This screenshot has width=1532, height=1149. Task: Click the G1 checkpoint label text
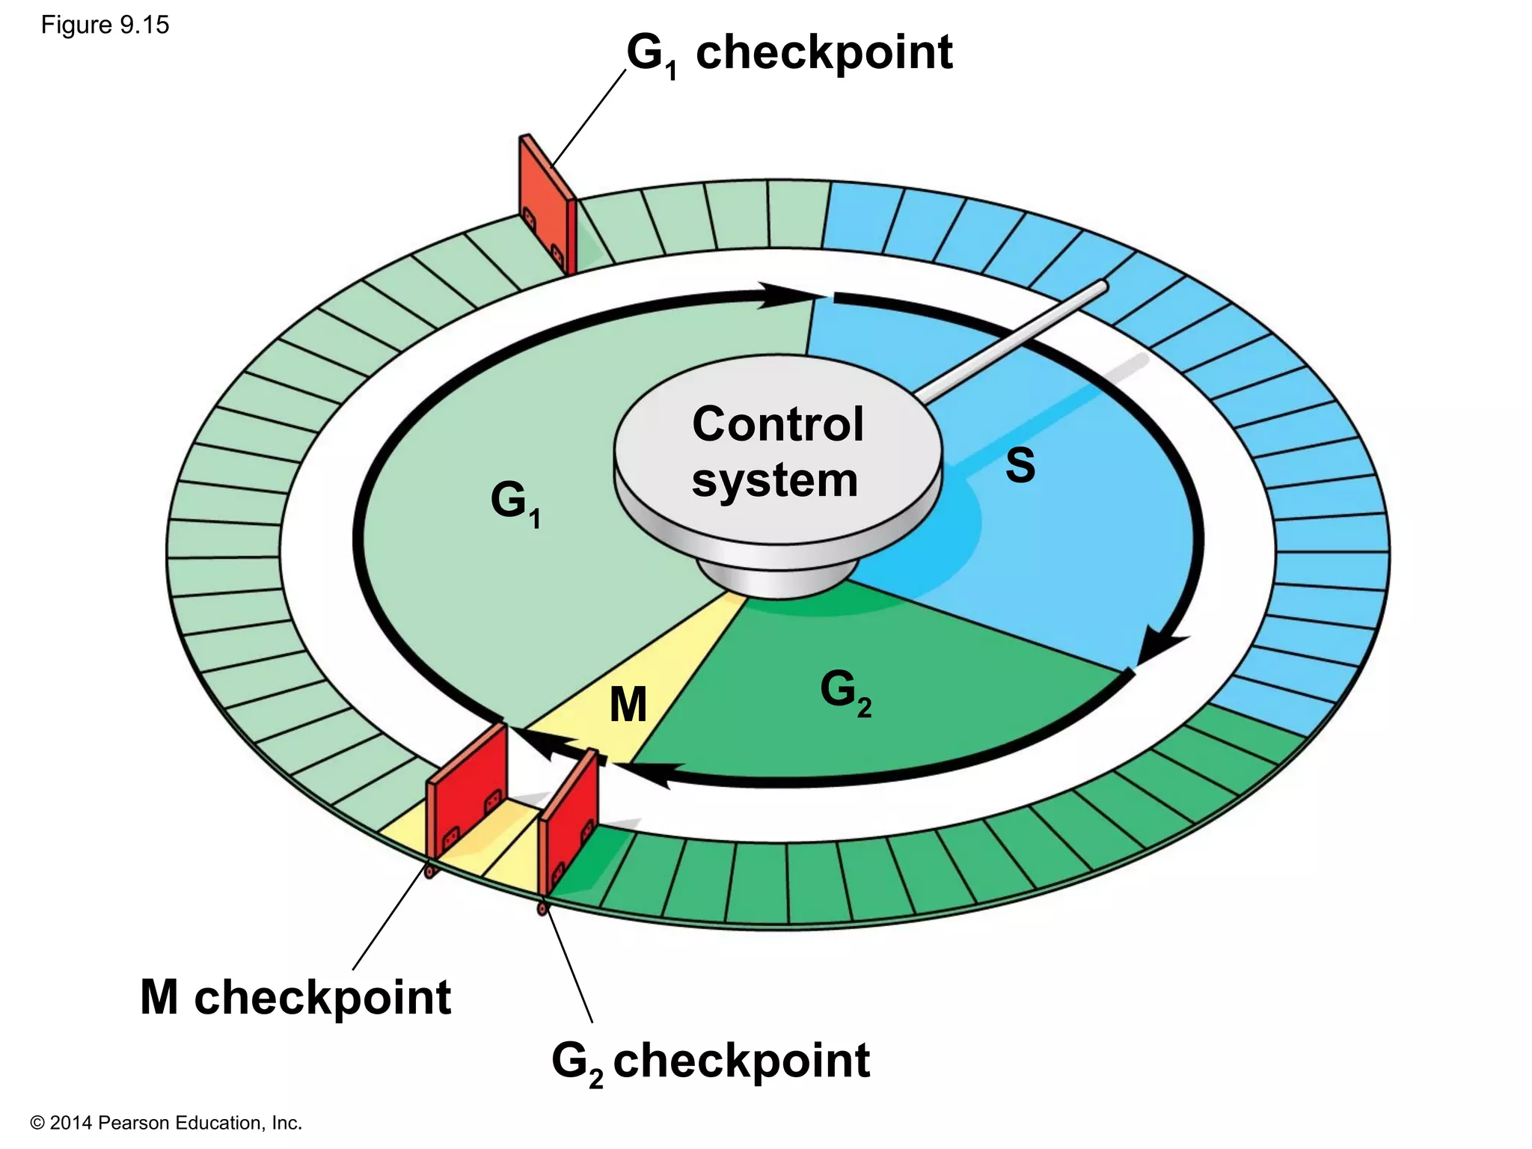coord(789,54)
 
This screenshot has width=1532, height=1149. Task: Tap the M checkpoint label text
coord(295,998)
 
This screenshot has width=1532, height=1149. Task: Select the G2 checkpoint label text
coord(711,1061)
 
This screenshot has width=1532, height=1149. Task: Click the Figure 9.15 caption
coord(105,25)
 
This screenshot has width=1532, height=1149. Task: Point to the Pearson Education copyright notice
coord(166,1123)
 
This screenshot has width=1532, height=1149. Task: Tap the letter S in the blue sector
coord(1020,465)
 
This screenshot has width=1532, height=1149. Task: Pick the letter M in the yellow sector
coord(628,705)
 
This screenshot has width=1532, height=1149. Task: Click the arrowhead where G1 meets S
coord(782,295)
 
